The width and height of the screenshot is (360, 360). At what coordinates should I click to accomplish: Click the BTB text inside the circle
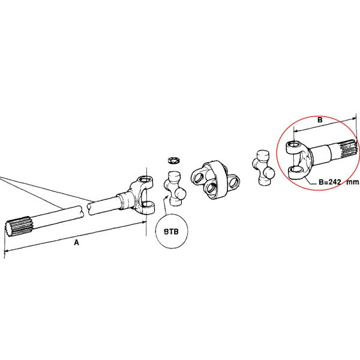(x=171, y=232)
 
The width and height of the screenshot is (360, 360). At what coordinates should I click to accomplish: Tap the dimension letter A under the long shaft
(x=76, y=242)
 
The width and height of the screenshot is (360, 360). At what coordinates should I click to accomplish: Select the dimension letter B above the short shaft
(x=320, y=120)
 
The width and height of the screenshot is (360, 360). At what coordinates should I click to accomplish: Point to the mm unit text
(x=352, y=182)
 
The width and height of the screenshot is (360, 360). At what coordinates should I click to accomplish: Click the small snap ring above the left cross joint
(x=174, y=160)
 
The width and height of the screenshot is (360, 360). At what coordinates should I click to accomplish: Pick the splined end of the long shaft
(x=19, y=227)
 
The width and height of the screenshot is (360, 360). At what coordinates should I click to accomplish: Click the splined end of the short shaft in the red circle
(x=349, y=149)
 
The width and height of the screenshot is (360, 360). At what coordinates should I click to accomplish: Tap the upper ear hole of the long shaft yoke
(x=145, y=179)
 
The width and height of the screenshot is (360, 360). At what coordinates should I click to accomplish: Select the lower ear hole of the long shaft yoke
(x=147, y=204)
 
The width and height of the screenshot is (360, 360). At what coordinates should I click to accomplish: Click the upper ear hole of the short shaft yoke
(x=295, y=145)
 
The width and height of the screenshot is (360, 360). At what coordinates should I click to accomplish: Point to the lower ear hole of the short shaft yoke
(x=296, y=170)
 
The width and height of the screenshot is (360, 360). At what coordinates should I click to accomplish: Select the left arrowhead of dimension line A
(x=7, y=250)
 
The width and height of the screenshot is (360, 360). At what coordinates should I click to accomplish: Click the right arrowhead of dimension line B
(x=353, y=119)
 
